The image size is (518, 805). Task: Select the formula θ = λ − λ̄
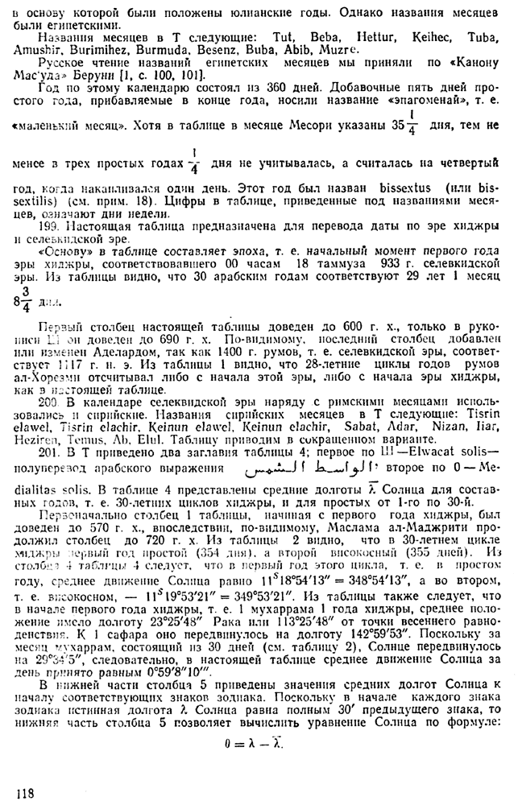tap(257, 743)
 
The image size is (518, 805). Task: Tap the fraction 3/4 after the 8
tap(26, 301)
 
